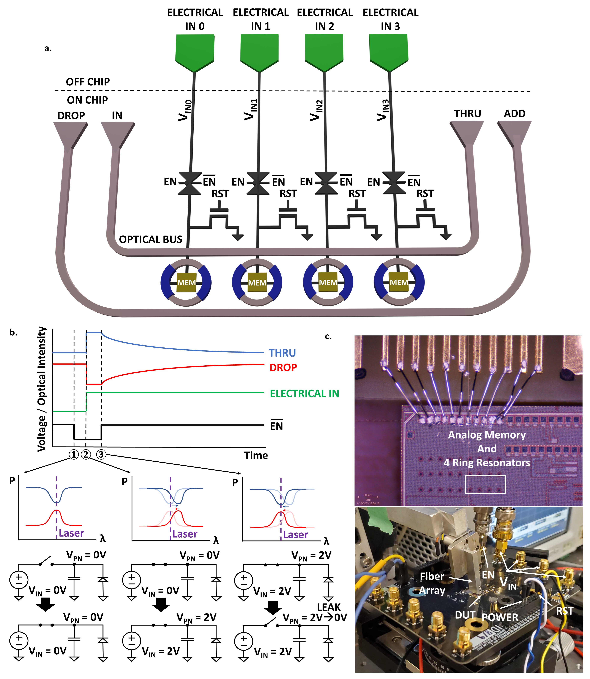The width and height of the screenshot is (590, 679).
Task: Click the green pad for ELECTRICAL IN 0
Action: (195, 51)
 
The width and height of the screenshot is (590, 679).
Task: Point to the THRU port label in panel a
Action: (468, 114)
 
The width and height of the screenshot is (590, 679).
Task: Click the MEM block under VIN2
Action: (328, 283)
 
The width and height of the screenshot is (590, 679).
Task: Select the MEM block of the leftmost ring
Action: (186, 283)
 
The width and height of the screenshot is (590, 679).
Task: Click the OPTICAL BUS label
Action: (150, 239)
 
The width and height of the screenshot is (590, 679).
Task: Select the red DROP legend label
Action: (283, 368)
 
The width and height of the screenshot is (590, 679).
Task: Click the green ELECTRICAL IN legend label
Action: (304, 393)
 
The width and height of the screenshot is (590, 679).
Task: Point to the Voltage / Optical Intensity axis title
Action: (42, 388)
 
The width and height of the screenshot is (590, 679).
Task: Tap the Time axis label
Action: (256, 455)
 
